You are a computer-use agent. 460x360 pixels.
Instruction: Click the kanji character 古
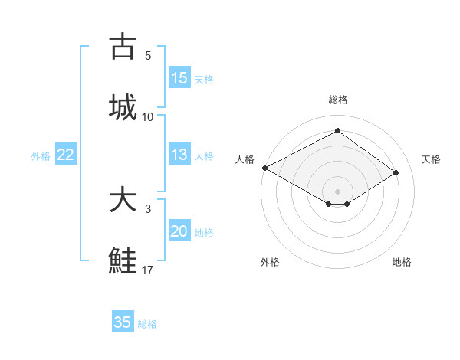coord(123,47)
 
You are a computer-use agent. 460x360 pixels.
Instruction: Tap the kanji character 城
coord(123,108)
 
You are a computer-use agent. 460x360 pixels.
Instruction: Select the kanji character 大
coord(123,200)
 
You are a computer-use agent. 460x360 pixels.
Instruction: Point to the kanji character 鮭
coord(123,261)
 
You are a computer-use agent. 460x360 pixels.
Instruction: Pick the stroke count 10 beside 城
coord(148,116)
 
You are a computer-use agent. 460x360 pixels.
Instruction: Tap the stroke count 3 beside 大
coord(148,208)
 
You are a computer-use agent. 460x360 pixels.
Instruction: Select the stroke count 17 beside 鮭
coord(148,270)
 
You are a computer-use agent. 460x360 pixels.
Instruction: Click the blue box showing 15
coord(179,78)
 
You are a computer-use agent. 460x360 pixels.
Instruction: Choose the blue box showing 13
coord(179,155)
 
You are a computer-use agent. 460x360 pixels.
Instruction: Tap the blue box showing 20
coord(179,231)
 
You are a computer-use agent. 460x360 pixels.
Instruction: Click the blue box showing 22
coord(66,155)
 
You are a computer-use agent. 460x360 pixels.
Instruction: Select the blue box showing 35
coord(123,322)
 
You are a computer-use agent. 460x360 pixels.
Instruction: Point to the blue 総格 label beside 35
coord(147,324)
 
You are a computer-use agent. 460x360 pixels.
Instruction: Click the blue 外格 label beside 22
coord(41,156)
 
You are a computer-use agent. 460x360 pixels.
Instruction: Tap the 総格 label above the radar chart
coord(337,100)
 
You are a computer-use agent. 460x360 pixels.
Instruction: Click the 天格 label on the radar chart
coord(431,159)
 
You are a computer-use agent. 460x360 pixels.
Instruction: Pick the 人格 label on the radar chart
coord(245,159)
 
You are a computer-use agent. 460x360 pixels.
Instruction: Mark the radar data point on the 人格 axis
coord(264,168)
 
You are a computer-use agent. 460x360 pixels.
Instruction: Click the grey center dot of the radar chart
coord(337,191)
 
